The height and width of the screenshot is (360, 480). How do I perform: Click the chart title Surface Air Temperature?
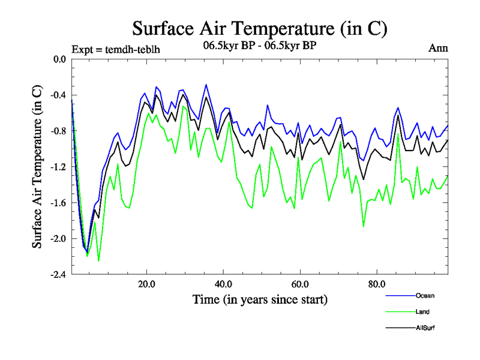click(x=259, y=28)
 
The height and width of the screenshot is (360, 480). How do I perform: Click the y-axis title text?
click(x=37, y=167)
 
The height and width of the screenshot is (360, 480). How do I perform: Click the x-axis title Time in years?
click(x=259, y=299)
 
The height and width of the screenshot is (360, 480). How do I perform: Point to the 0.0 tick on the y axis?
click(x=59, y=59)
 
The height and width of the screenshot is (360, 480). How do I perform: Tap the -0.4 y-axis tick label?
click(x=58, y=95)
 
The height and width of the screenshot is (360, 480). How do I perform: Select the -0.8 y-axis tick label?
click(x=58, y=131)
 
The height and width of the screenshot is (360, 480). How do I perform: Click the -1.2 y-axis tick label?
click(x=58, y=167)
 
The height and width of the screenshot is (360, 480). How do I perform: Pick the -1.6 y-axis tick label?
click(x=58, y=203)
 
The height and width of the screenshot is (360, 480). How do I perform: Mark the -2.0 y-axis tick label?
click(x=58, y=238)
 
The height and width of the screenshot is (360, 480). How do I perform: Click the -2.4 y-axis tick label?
click(x=58, y=274)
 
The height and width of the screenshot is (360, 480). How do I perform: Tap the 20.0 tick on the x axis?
click(x=147, y=284)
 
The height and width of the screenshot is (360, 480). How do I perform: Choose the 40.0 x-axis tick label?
click(x=223, y=284)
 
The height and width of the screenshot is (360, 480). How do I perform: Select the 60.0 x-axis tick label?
click(x=299, y=284)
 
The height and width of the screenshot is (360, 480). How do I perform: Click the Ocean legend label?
click(x=424, y=295)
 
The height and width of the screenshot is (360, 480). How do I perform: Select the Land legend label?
click(x=422, y=311)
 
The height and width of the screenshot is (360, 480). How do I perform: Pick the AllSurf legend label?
click(x=424, y=328)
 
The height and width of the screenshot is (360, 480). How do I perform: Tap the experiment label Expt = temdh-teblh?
click(x=116, y=49)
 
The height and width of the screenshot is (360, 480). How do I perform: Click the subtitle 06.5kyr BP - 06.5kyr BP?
click(x=259, y=44)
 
